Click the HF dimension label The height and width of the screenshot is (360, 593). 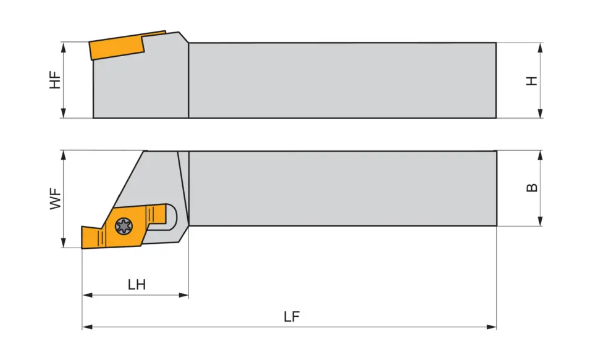[x=56, y=80]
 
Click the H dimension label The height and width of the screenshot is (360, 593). [x=532, y=80]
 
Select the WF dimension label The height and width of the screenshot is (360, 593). [x=56, y=199]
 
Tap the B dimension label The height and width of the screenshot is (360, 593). [x=532, y=187]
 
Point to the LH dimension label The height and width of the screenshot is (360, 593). [x=137, y=285]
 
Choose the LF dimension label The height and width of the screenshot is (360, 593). [x=292, y=317]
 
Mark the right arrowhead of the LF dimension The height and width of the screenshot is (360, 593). [x=492, y=327]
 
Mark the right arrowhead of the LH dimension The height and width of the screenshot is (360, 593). [x=184, y=295]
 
